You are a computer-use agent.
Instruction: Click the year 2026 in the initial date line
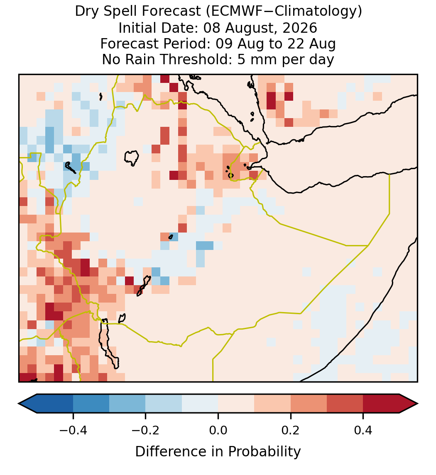(300, 28)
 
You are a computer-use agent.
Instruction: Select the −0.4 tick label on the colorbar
(73, 430)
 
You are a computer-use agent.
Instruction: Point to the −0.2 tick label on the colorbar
(146, 430)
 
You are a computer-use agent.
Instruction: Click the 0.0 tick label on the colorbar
(218, 430)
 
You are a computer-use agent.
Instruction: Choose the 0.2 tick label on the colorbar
(291, 430)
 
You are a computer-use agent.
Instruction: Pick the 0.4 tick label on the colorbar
(363, 430)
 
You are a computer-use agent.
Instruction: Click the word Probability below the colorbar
(264, 452)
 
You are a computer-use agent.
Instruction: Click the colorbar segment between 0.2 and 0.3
(309, 404)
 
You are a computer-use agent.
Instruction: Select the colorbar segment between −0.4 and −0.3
(91, 404)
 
